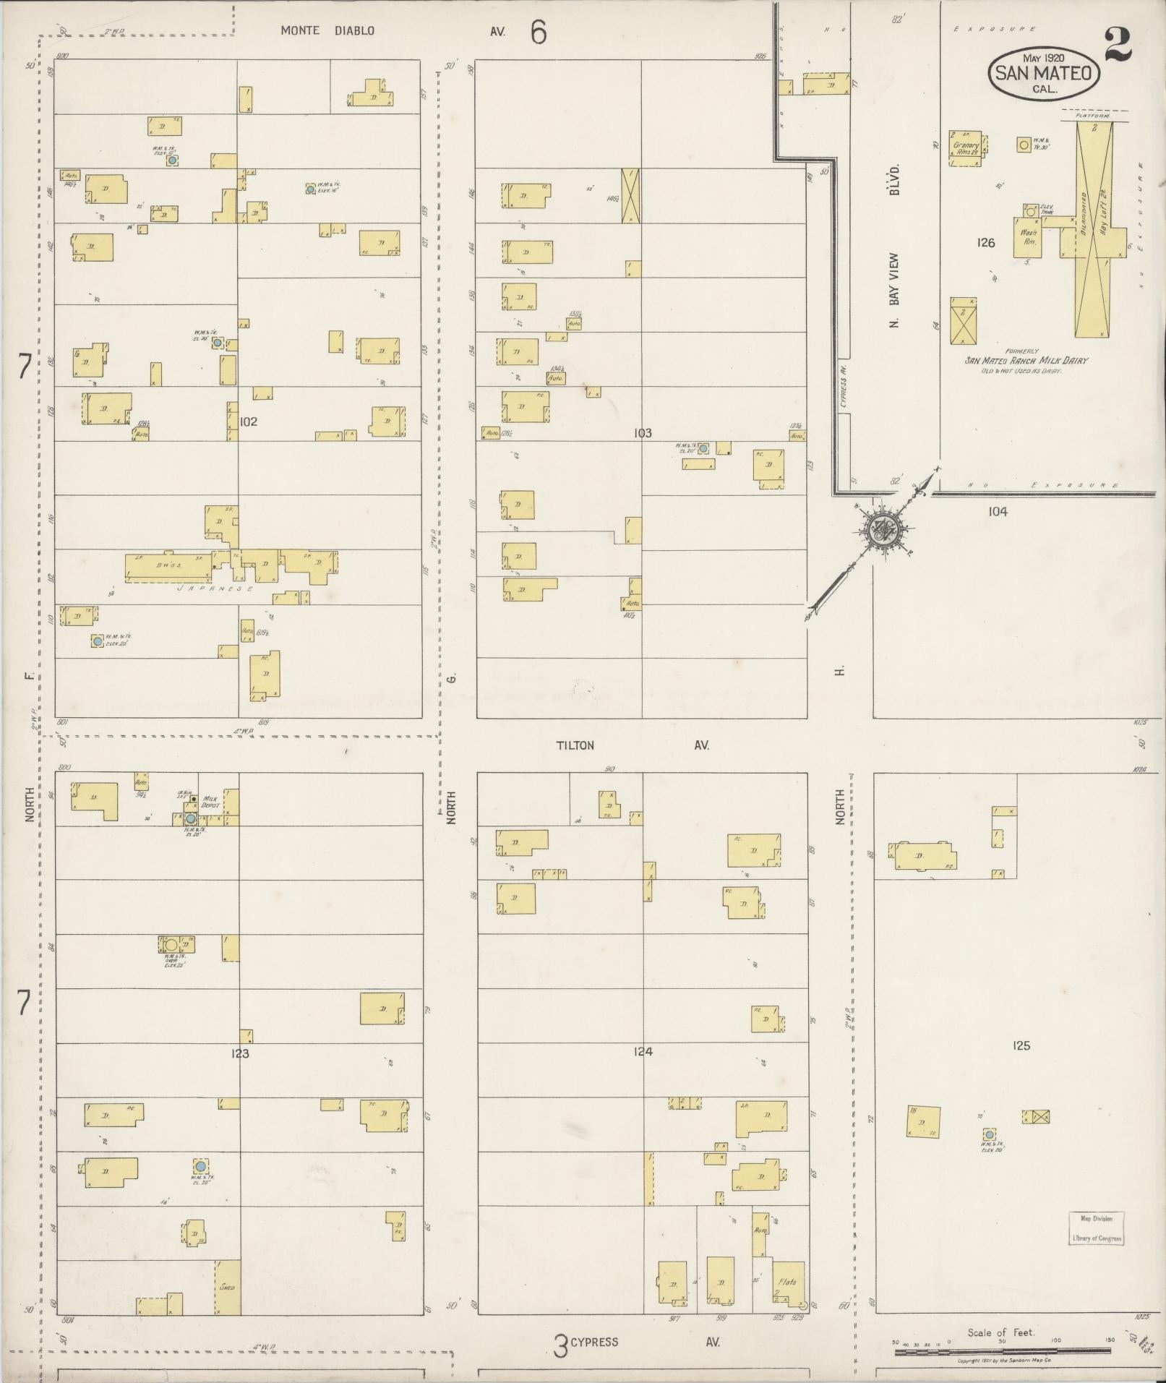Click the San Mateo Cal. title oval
coord(1043,73)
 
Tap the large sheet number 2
coord(1118,46)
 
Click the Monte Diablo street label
coord(327,31)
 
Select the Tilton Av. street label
coord(575,745)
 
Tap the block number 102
coord(248,421)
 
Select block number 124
coord(643,1051)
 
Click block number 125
coord(1021,1045)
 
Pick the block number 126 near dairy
coord(985,243)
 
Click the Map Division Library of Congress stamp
coord(1096,1228)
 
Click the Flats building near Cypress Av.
coord(788,1284)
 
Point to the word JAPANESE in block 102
coord(215,589)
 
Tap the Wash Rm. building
coord(1028,238)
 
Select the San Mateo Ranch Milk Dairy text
coord(1026,361)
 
